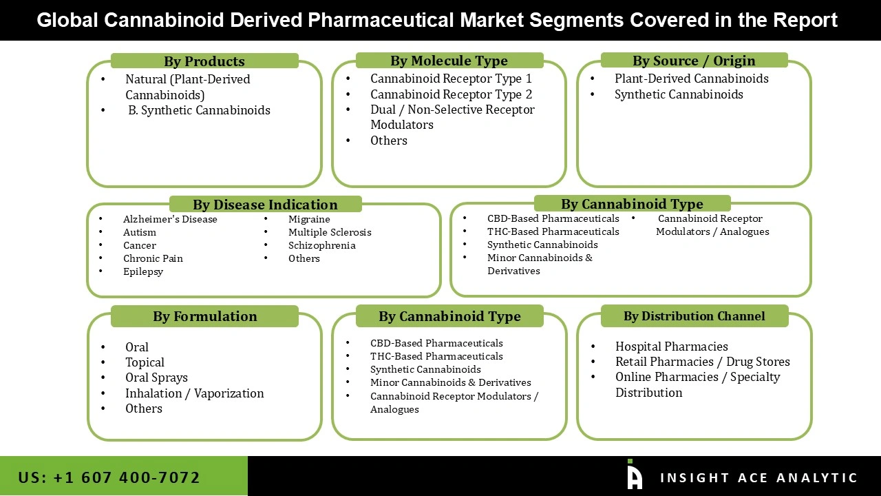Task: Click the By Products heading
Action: click(x=204, y=61)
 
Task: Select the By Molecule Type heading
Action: click(x=449, y=61)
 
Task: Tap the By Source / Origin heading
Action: click(x=694, y=61)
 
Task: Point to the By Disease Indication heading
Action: click(x=265, y=205)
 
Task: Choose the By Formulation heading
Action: click(x=204, y=316)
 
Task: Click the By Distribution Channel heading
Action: click(x=694, y=316)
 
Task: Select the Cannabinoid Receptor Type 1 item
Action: click(x=451, y=79)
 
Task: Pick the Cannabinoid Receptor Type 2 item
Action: click(x=451, y=94)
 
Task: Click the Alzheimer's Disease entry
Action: click(x=170, y=219)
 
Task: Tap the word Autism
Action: click(x=140, y=232)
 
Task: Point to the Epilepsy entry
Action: click(x=143, y=271)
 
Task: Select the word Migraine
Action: click(x=309, y=219)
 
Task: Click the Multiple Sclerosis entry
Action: click(x=330, y=232)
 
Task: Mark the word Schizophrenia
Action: click(x=321, y=245)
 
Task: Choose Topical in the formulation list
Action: click(x=145, y=362)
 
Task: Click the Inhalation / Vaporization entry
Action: click(x=194, y=393)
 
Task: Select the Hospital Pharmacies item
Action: click(x=671, y=347)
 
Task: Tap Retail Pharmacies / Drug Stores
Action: click(x=702, y=362)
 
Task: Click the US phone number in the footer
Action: click(x=109, y=477)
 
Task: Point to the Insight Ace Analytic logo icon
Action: click(x=635, y=475)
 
